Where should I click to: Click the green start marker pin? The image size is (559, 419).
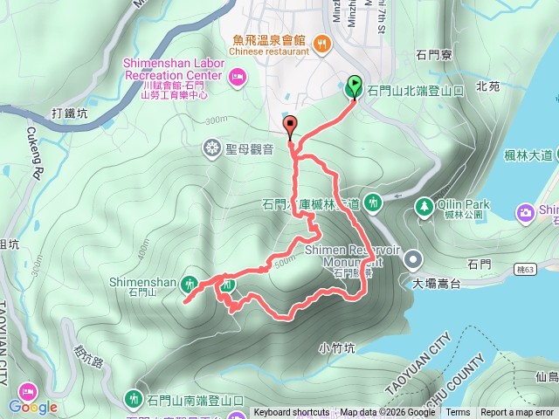355,86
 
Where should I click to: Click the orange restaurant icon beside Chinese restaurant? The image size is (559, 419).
321,42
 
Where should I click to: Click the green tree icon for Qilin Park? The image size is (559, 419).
424,206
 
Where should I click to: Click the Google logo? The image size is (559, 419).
33,407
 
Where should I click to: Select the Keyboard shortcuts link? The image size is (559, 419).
293,413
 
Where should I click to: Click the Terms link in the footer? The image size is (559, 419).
458,413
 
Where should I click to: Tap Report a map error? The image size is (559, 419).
517,413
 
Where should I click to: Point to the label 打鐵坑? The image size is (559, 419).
70,113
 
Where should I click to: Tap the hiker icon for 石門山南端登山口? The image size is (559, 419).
133,399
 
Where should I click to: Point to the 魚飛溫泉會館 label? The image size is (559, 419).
269,39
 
